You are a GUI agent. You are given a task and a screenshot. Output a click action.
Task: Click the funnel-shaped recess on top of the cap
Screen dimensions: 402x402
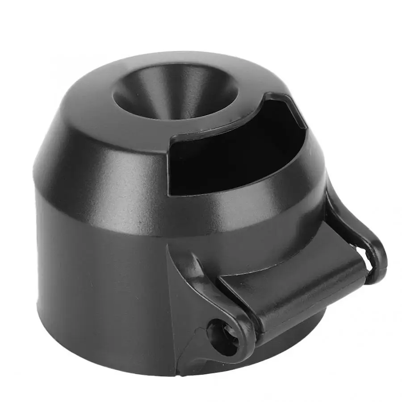pyautogui.click(x=174, y=92)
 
